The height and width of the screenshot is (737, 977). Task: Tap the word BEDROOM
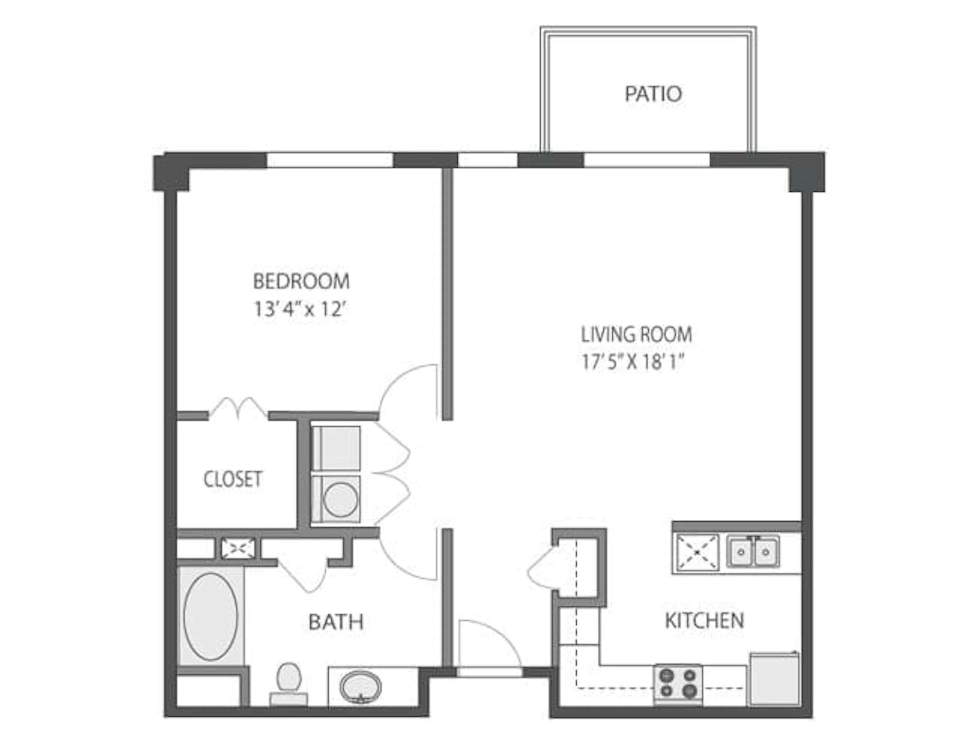pyautogui.click(x=301, y=282)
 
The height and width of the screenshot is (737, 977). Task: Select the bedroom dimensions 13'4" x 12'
pyautogui.click(x=299, y=309)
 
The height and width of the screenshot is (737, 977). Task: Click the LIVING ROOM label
pyautogui.click(x=636, y=335)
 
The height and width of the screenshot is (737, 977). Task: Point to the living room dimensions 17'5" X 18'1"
pyautogui.click(x=633, y=362)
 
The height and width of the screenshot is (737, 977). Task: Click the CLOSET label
pyautogui.click(x=233, y=479)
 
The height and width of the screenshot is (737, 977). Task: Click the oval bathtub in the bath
pyautogui.click(x=211, y=616)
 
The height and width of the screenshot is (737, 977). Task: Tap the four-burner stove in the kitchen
pyautogui.click(x=678, y=683)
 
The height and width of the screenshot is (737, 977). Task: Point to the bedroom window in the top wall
pyautogui.click(x=330, y=160)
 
